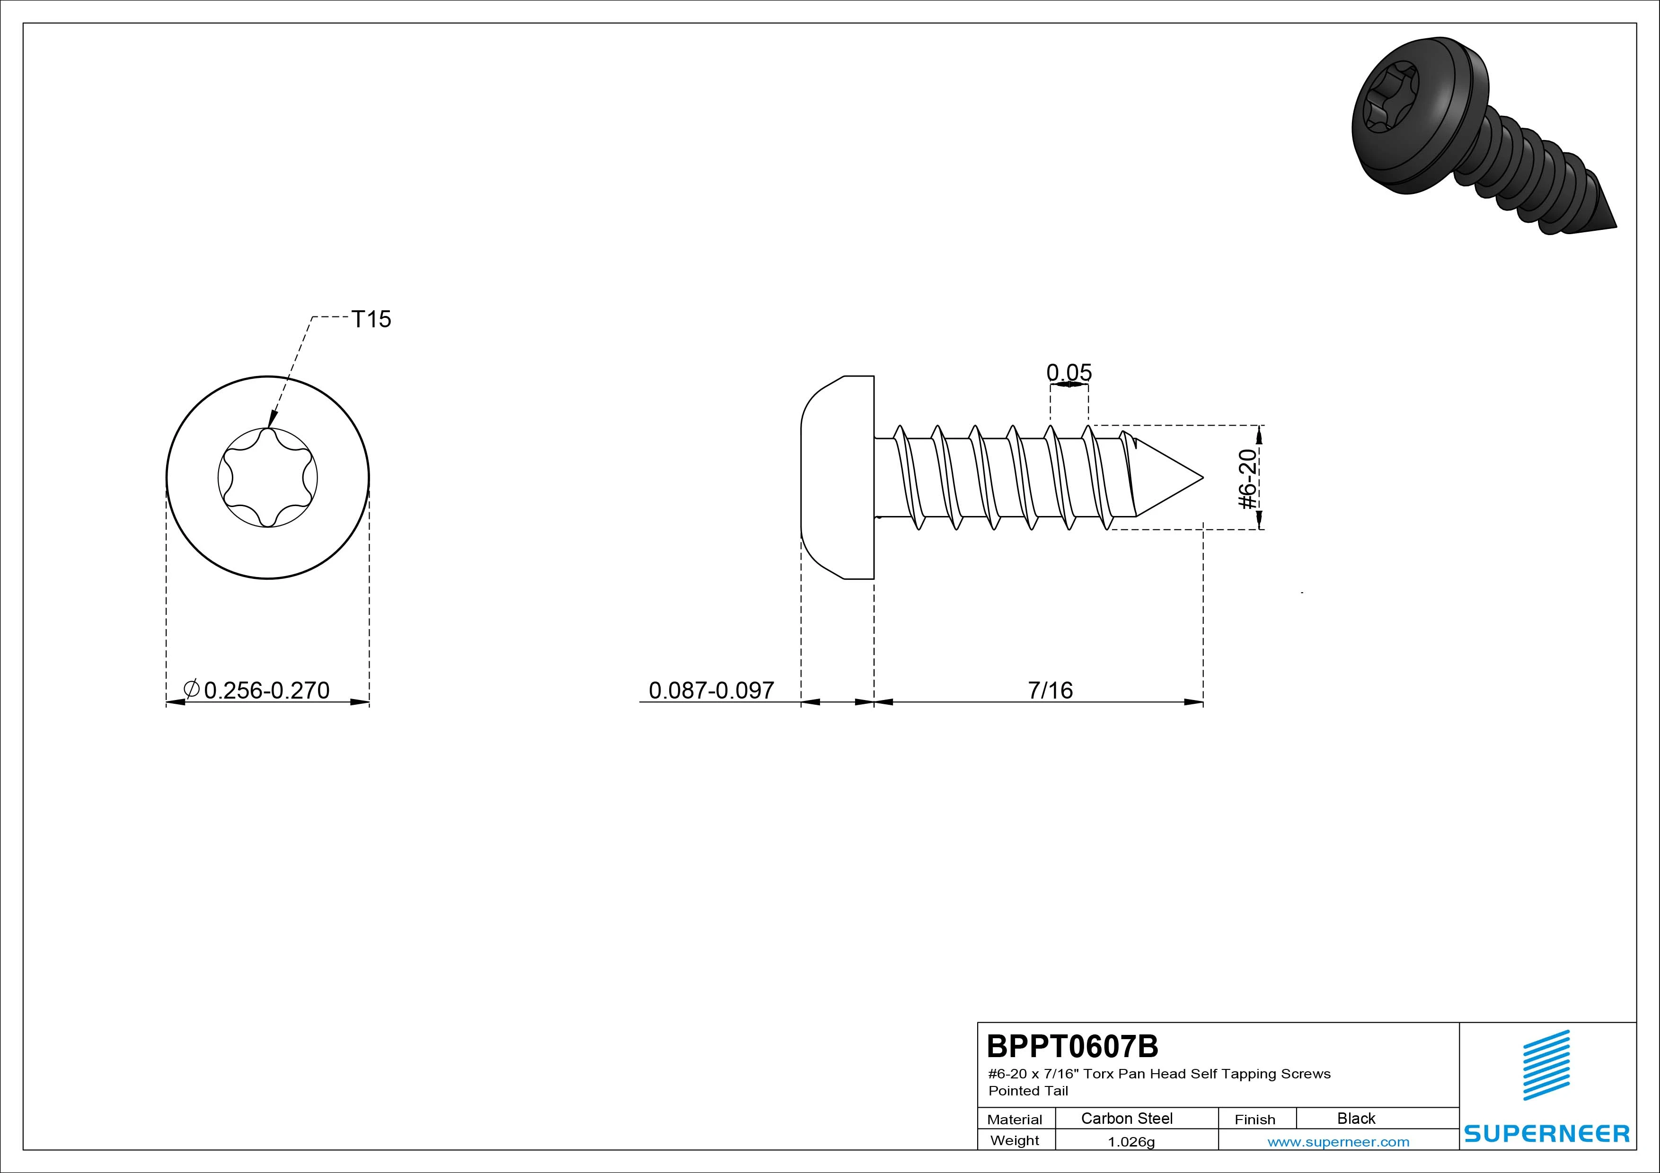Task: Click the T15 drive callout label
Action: [x=371, y=319]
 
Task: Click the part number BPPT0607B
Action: [x=1072, y=1046]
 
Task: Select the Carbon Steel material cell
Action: [x=1126, y=1118]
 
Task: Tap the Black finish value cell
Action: [x=1356, y=1118]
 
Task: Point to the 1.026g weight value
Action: [x=1131, y=1141]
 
